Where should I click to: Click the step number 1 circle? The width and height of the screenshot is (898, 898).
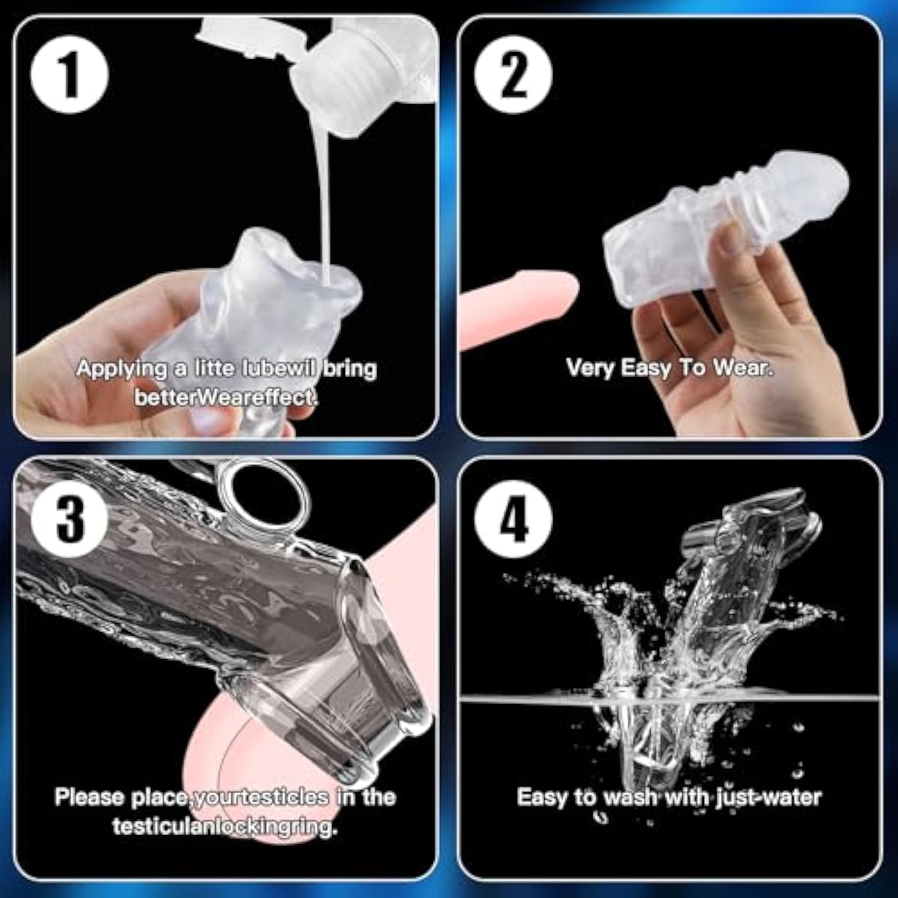pos(70,75)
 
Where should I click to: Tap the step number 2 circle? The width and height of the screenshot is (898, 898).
pos(513,75)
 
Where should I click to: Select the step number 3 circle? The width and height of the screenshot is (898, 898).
pos(70,518)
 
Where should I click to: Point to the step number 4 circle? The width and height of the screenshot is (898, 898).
pos(513,518)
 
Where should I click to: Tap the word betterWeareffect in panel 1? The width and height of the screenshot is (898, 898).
pos(225,397)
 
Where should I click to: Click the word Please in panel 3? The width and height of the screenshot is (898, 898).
pos(89,797)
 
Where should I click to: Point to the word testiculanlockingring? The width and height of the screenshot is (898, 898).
pos(224,827)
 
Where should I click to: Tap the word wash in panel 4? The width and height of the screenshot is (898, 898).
pos(628,797)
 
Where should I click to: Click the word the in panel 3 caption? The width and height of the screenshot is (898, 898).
pos(378,797)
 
